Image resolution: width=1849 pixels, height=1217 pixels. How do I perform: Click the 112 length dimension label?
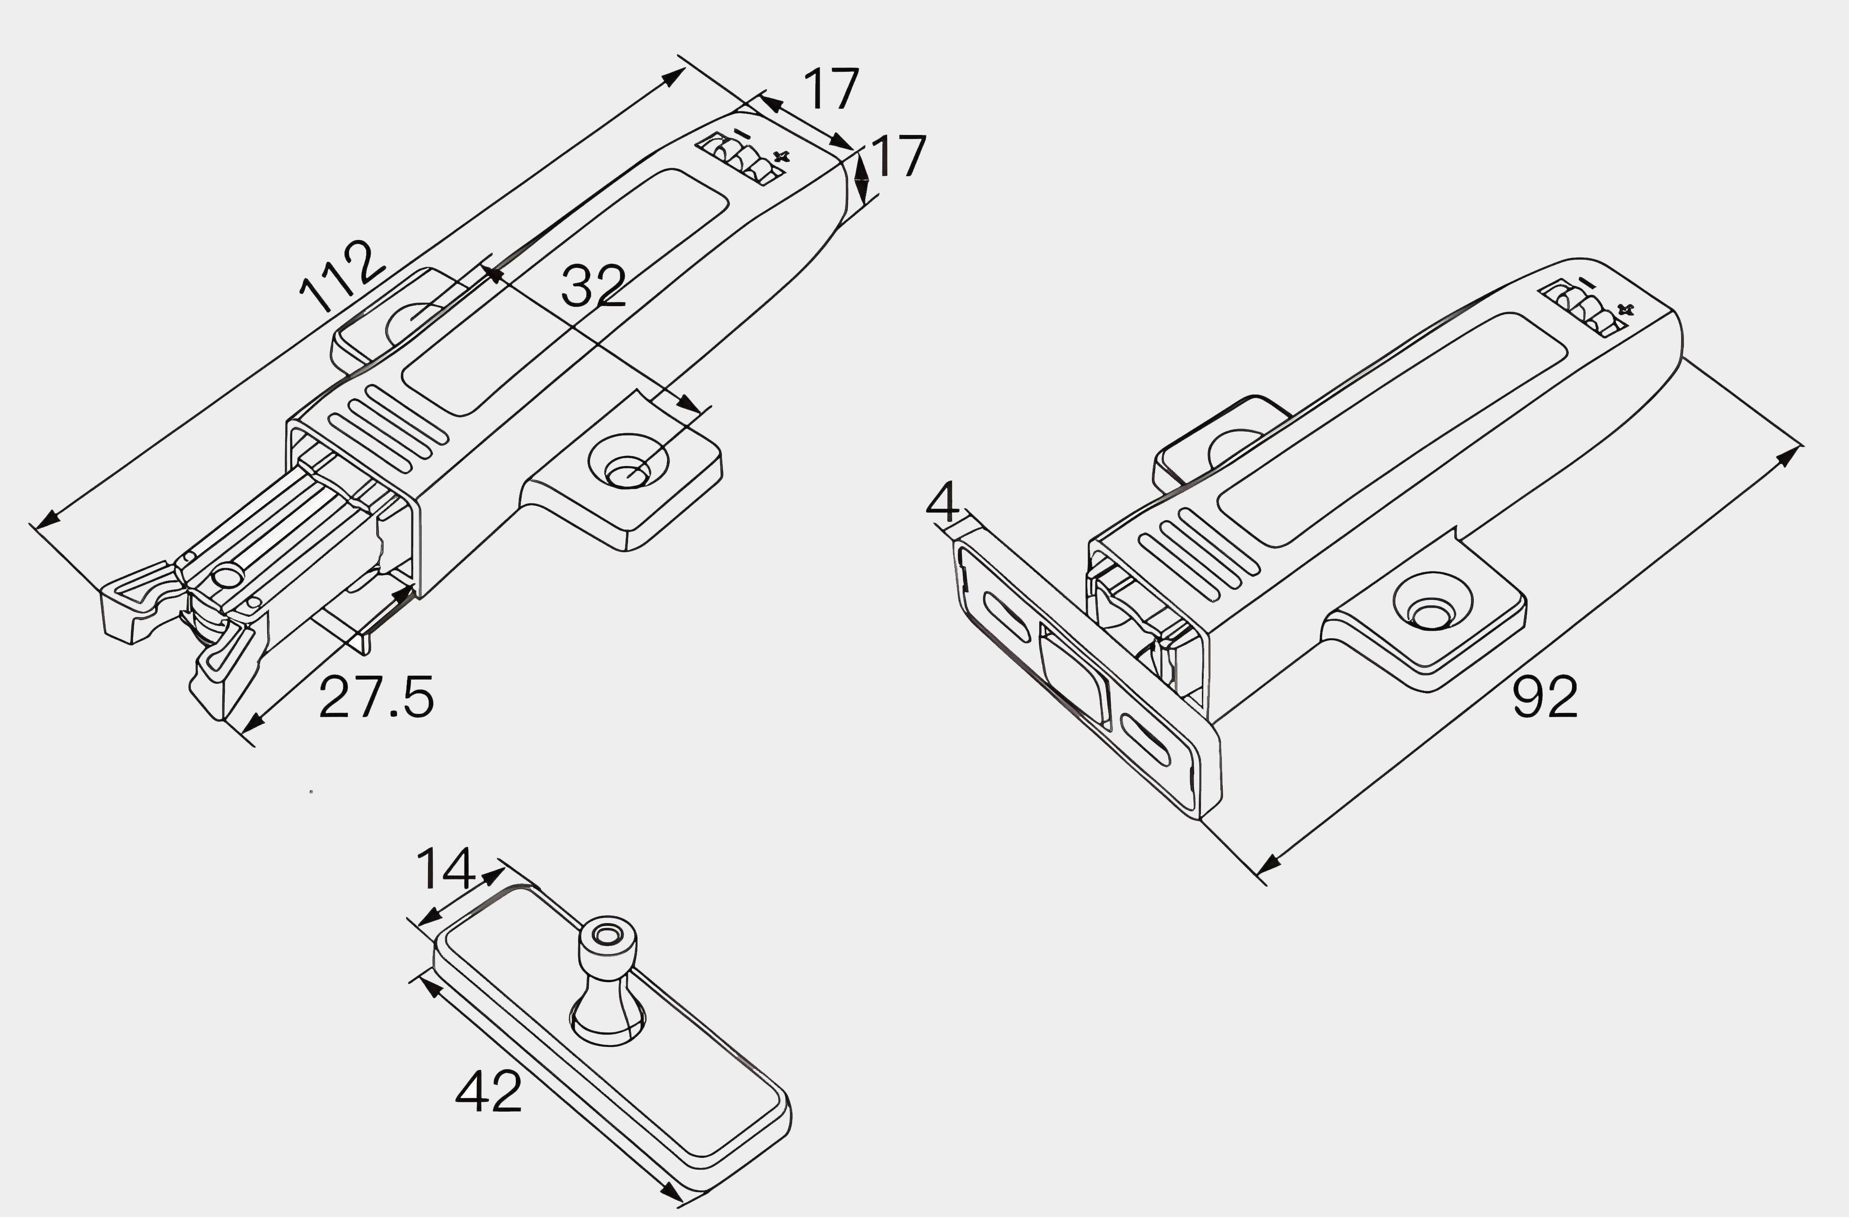click(342, 276)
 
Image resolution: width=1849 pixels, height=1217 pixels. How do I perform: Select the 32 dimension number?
click(593, 285)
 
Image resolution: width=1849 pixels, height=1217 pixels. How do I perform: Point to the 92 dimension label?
click(1544, 696)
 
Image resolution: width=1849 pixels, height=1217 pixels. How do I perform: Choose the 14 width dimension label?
click(445, 868)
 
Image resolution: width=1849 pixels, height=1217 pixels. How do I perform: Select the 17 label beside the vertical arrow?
click(899, 155)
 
